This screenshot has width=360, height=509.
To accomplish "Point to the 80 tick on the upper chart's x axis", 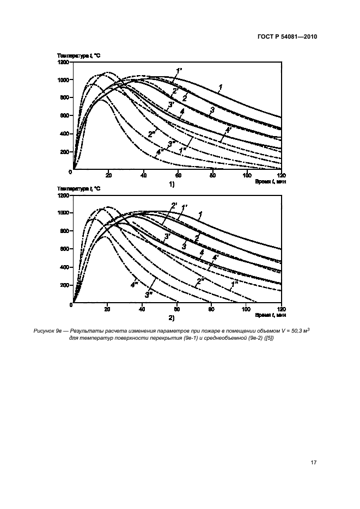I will point(212,175).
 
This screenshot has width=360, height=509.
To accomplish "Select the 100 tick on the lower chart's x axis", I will point(247,308).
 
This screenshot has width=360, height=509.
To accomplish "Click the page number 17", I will point(313,463).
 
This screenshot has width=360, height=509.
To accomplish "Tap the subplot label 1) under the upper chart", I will point(171,184).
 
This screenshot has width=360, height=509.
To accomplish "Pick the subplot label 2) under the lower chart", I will point(171,316).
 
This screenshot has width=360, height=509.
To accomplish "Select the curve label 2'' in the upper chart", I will point(151,134).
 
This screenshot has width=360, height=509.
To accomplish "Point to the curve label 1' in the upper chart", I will point(178,70).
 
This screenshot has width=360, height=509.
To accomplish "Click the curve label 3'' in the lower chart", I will point(148,295).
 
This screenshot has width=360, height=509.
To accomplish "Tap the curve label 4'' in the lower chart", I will point(134,284).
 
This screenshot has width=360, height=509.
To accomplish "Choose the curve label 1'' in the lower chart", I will point(235,284).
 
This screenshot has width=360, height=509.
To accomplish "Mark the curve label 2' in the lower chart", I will point(174,205).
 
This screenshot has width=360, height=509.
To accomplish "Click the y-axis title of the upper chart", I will point(79,56).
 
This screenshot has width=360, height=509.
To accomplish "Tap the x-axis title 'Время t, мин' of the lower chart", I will point(267,315).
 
